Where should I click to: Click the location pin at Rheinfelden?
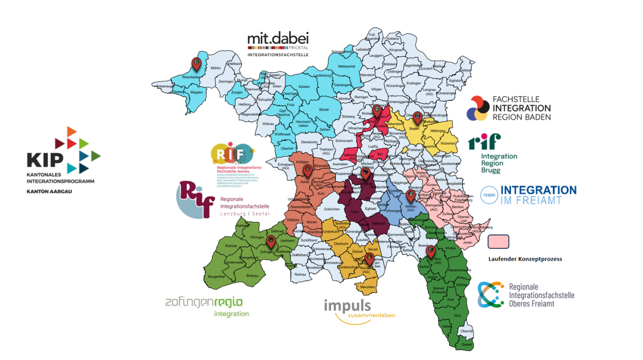196,63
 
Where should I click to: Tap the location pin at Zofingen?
271,242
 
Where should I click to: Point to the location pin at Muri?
430,251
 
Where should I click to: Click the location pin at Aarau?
307,171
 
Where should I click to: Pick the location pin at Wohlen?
410,195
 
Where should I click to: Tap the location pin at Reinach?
369,259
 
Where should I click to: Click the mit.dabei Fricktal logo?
278,45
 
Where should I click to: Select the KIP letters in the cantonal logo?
45,159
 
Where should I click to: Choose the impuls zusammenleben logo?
359,309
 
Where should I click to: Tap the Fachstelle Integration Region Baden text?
521,108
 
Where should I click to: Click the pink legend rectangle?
498,242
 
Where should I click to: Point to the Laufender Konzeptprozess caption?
525,259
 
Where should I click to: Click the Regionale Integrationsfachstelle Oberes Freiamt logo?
526,295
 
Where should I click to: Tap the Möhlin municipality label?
216,68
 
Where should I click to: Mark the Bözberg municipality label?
348,117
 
